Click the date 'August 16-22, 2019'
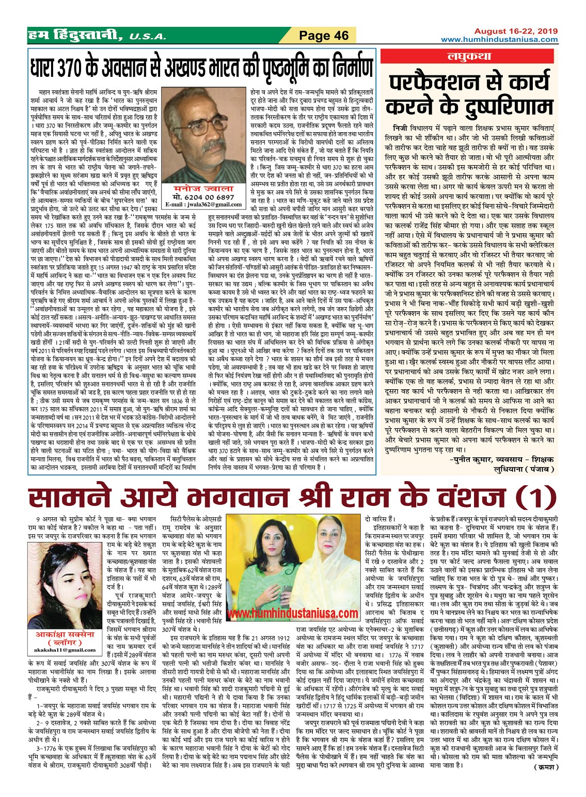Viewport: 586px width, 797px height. [x=516, y=31]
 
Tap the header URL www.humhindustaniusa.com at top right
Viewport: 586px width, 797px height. [x=499, y=39]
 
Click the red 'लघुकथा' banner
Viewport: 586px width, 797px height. [x=468, y=57]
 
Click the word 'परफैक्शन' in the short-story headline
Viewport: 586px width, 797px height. [x=436, y=83]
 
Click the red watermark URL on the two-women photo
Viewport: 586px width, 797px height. [x=293, y=613]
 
